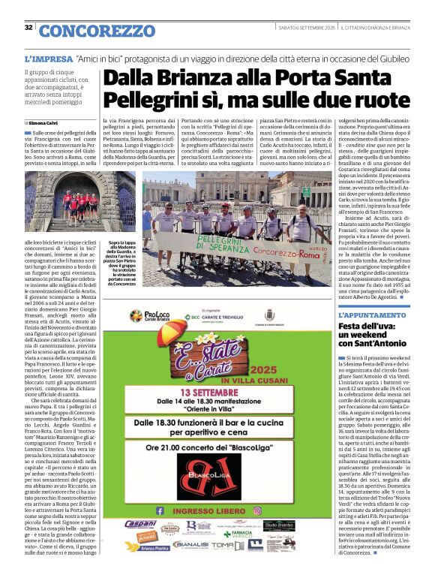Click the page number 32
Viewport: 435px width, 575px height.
click(28, 28)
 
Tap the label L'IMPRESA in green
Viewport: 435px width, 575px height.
click(49, 58)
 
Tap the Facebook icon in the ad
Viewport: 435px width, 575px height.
click(158, 510)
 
